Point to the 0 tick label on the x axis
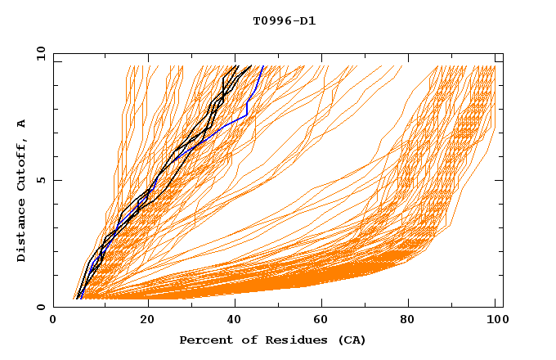tap(54, 321)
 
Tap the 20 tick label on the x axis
tap(147, 321)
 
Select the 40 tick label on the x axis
tap(235, 321)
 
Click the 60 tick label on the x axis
tap(324, 321)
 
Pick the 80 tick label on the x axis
tap(412, 321)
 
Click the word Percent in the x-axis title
tap(204, 340)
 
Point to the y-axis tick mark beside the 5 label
tap(56, 180)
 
